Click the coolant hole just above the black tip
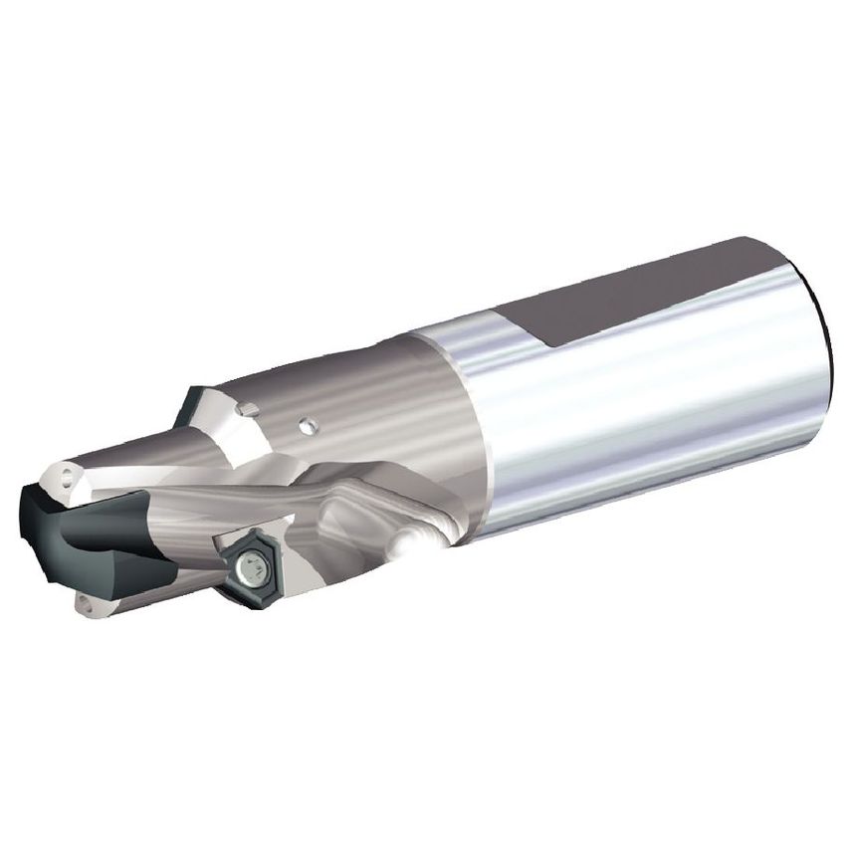tap(67, 477)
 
